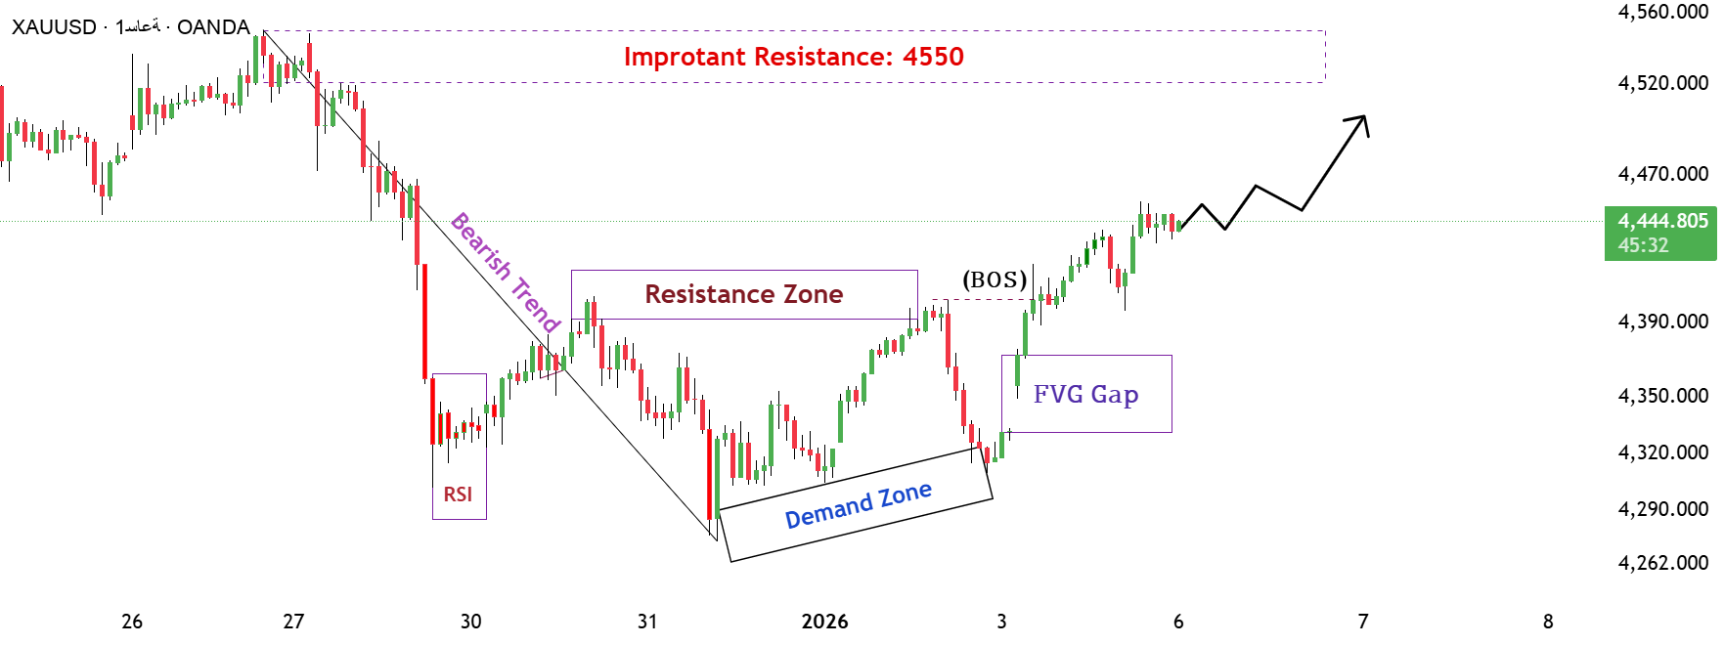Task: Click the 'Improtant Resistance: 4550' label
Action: [x=793, y=57]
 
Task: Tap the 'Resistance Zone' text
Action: [x=743, y=294]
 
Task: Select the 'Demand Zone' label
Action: [x=858, y=505]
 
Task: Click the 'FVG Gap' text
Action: [x=1085, y=394]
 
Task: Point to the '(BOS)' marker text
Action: [x=995, y=279]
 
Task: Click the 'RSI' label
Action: [x=458, y=494]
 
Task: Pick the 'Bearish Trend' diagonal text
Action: [x=505, y=272]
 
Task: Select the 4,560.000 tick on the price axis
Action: [x=1662, y=12]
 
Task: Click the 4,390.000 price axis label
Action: [x=1662, y=322]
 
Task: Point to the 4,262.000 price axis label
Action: [x=1662, y=563]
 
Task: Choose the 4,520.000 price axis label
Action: [x=1662, y=83]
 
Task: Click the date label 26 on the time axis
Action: [x=132, y=622]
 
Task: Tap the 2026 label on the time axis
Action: [x=824, y=622]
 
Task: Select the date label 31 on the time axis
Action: [x=647, y=622]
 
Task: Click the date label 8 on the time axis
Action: [x=1548, y=622]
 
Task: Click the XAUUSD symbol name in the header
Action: [x=54, y=27]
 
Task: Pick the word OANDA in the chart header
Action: [x=213, y=27]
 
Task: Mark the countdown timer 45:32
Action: [x=1643, y=245]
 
